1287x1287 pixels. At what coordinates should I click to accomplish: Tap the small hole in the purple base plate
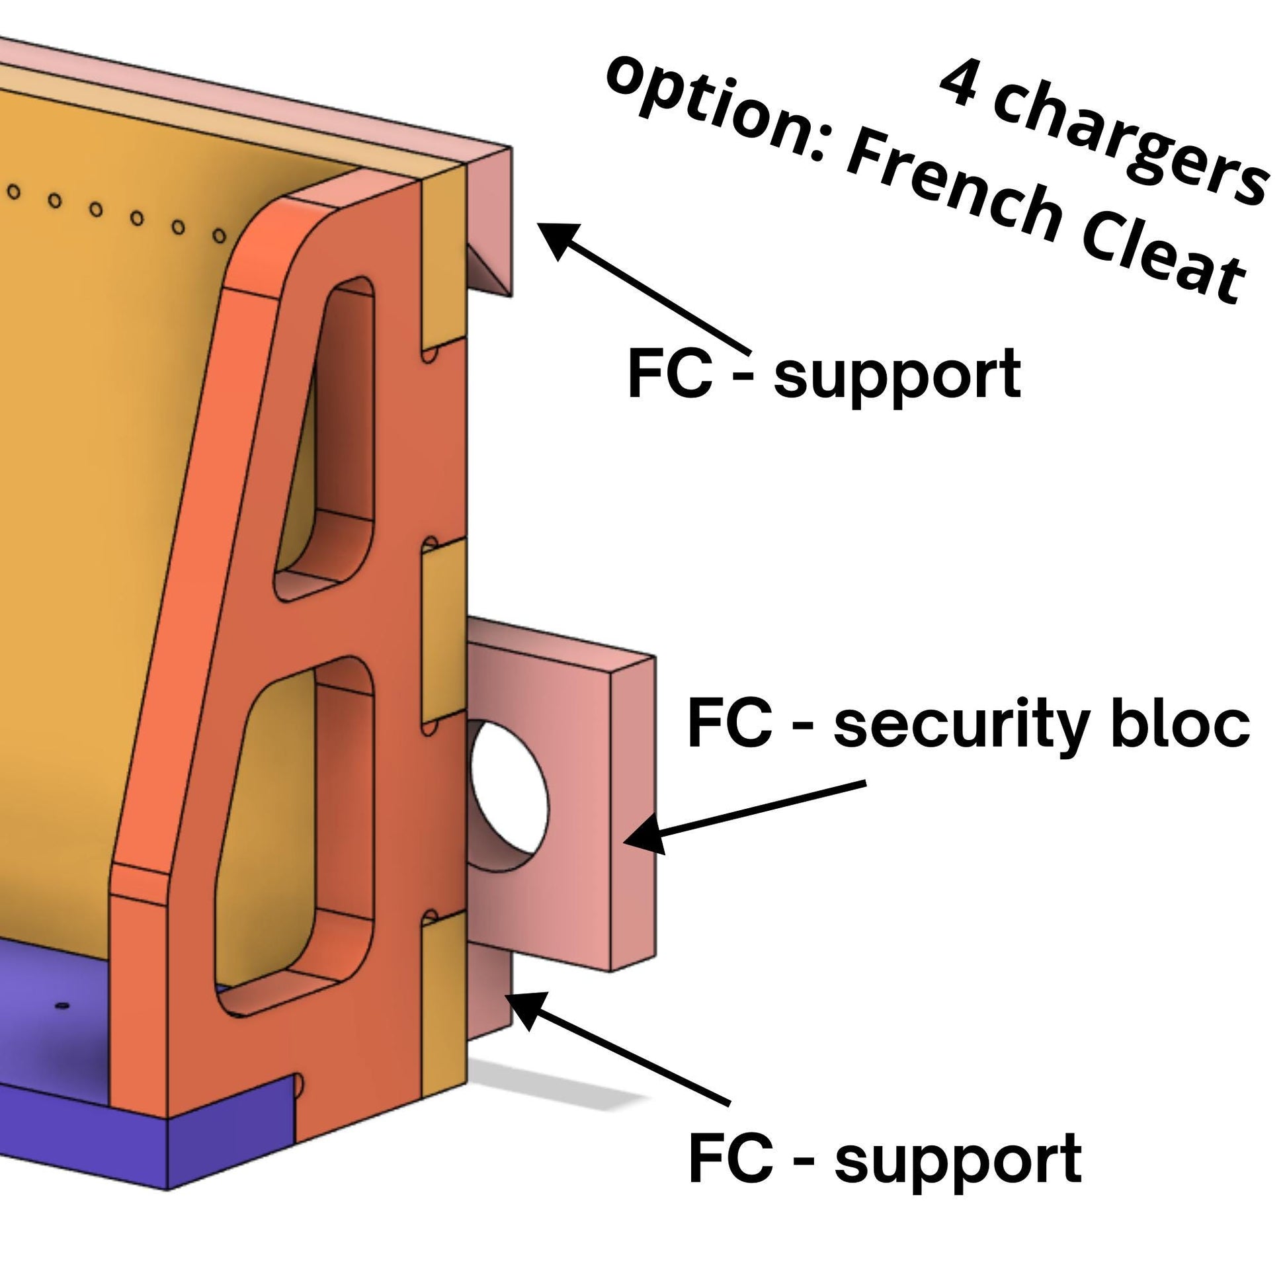pos(62,1005)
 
